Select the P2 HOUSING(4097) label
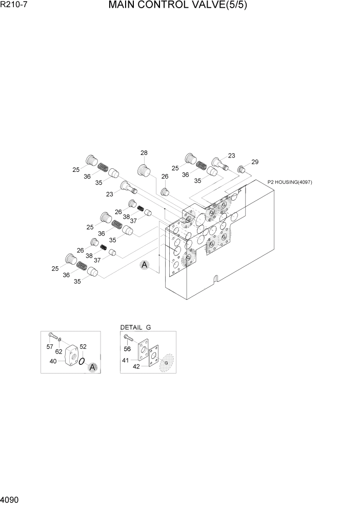pos(290,182)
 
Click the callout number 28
pos(144,153)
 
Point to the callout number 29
pos(255,162)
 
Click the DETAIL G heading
pos(135,327)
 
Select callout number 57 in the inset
pos(50,347)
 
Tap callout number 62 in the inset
pos(59,351)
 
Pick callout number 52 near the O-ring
pos(83,346)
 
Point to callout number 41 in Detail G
pos(125,360)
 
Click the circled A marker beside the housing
pos(145,265)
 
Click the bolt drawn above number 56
pos(128,338)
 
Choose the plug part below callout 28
pos(144,169)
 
